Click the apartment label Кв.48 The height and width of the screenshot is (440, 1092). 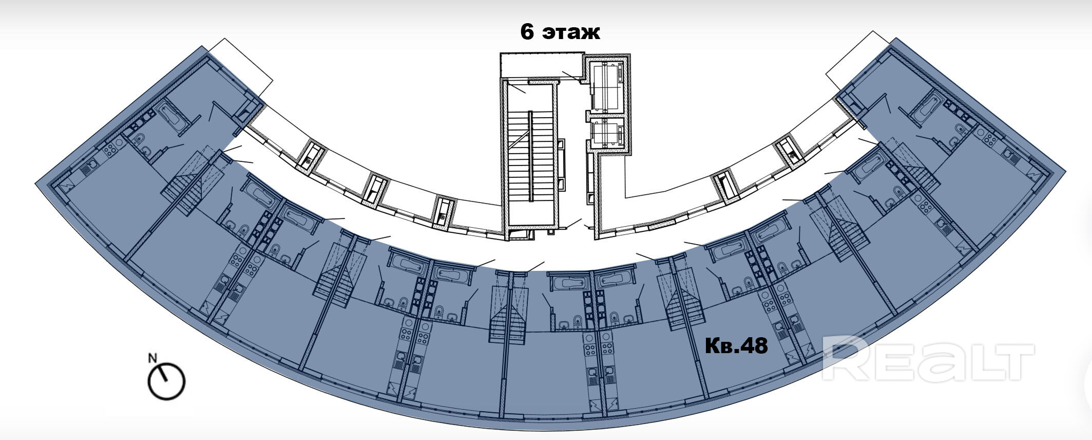point(736,345)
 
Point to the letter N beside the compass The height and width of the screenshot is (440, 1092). point(152,358)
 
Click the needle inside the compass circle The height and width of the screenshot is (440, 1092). point(163,374)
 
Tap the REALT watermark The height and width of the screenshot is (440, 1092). point(928,358)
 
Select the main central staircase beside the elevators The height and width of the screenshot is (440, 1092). point(531,154)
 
